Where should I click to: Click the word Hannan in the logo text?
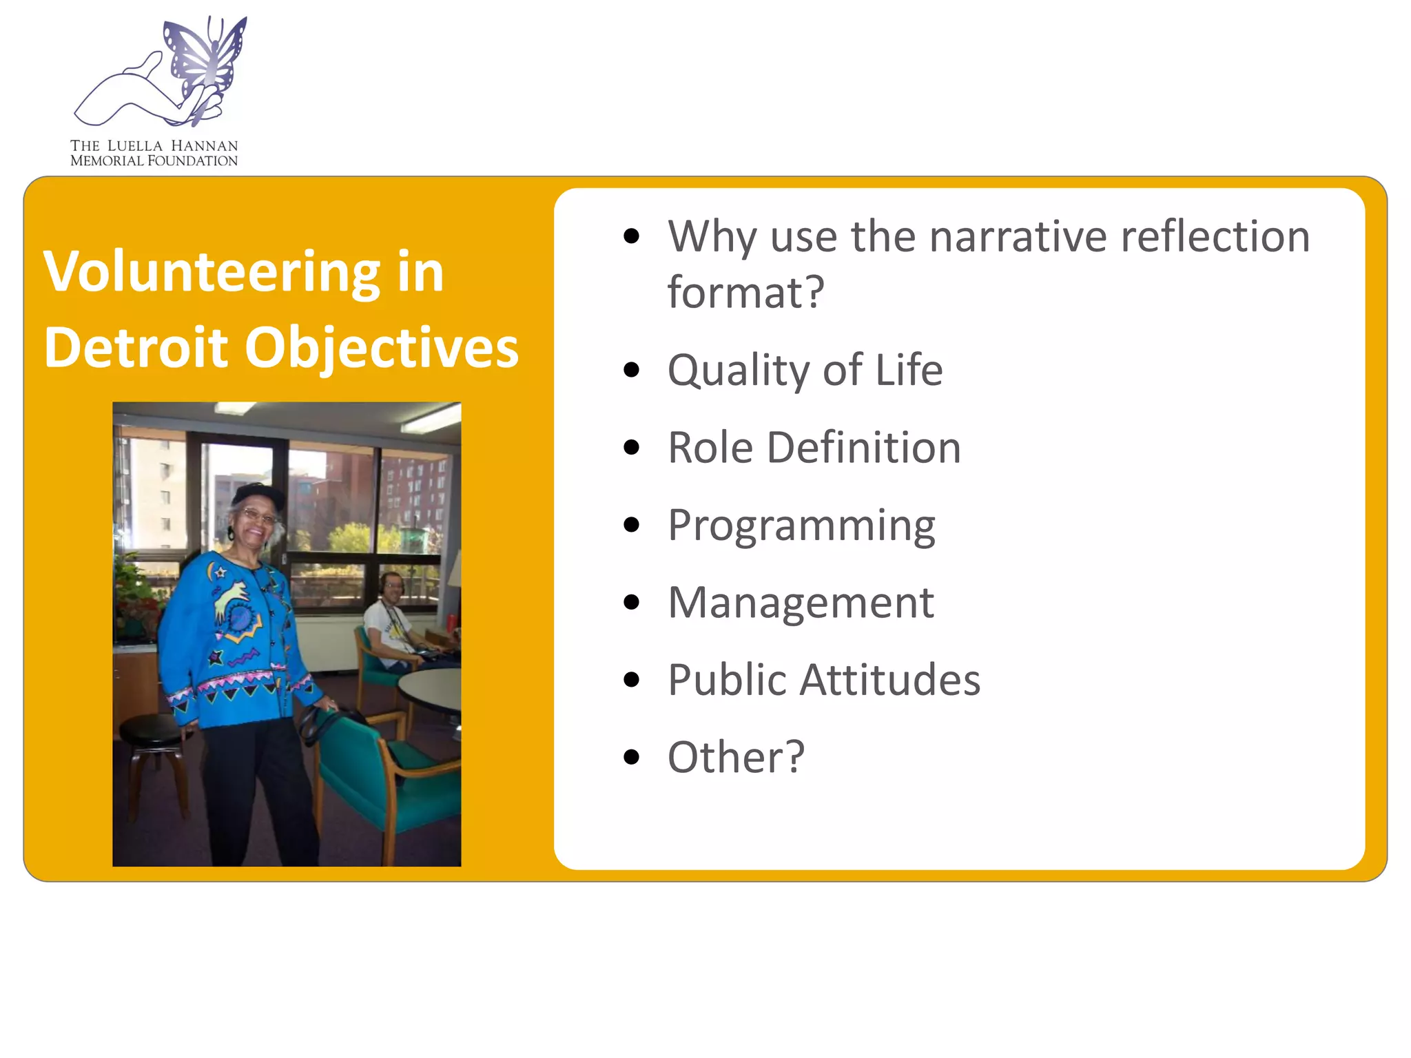(x=204, y=146)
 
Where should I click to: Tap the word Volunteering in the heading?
(x=212, y=273)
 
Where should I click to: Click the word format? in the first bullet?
(x=745, y=292)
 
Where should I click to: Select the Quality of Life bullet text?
(x=805, y=371)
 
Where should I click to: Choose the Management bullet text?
(x=801, y=603)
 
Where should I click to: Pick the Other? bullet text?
(x=736, y=758)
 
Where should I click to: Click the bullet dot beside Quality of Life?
(x=630, y=371)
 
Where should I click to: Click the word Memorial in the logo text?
(x=107, y=161)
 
